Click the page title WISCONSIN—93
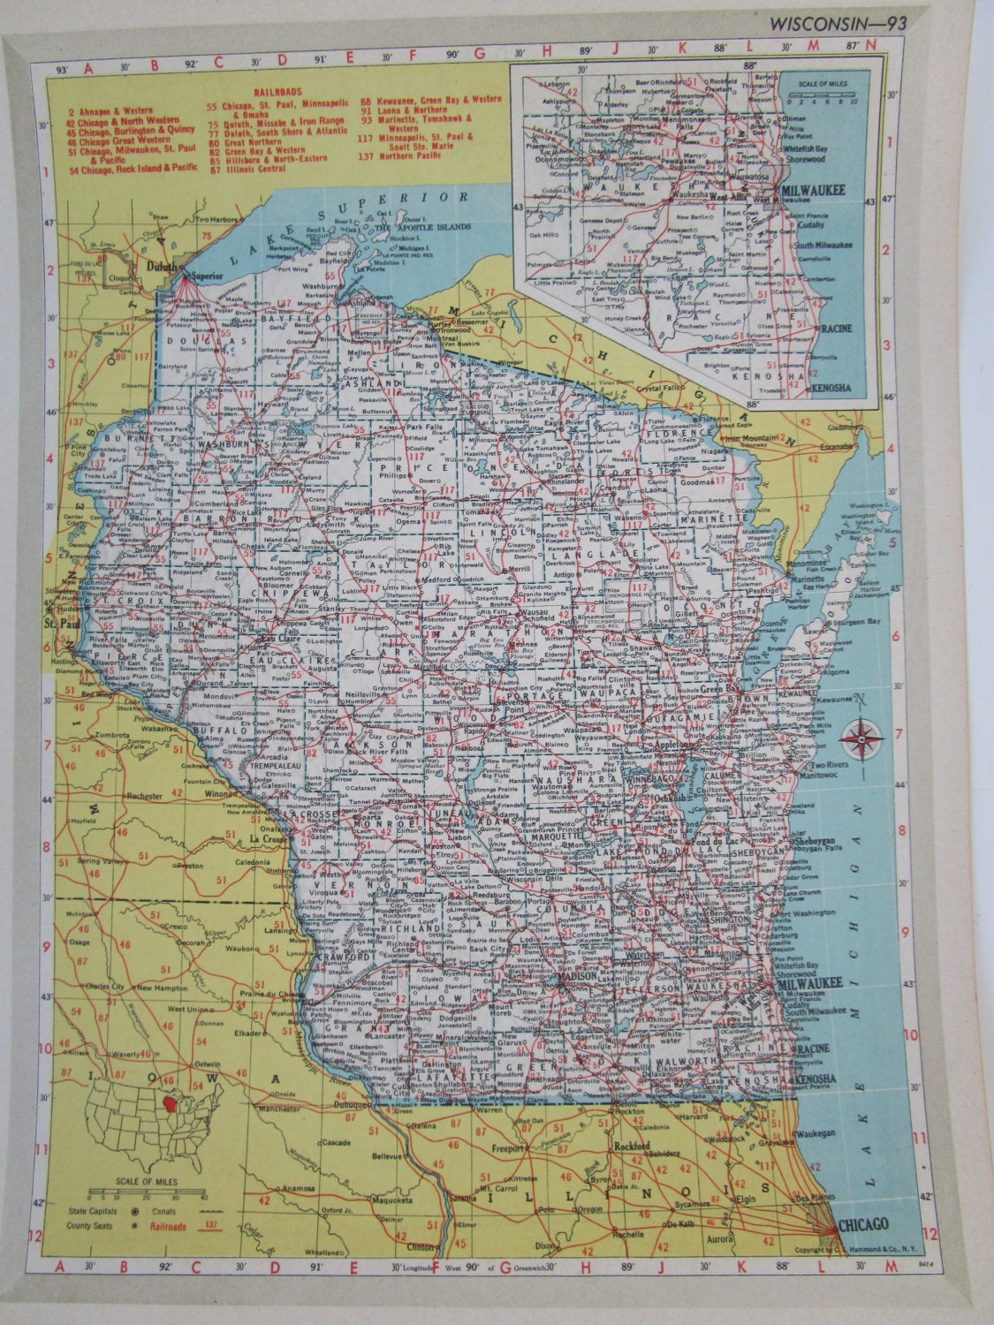coord(831,21)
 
